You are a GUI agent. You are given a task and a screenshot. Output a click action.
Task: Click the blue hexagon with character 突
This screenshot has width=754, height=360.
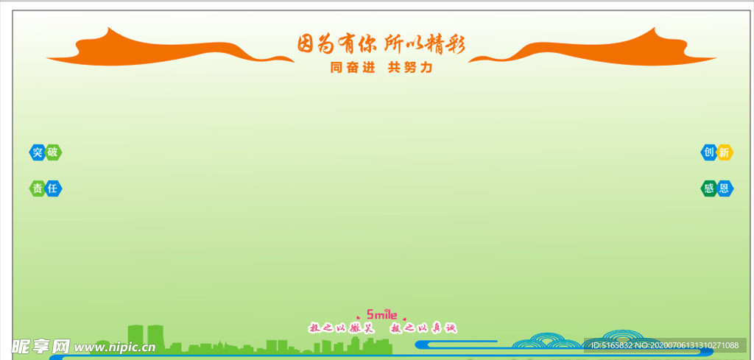click(38, 152)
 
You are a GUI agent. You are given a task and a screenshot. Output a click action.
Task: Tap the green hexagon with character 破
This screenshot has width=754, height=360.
click(53, 152)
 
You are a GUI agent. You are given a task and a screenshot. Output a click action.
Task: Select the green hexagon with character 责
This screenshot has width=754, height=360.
click(38, 188)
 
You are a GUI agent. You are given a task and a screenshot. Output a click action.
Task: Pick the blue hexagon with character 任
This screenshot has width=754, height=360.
click(53, 188)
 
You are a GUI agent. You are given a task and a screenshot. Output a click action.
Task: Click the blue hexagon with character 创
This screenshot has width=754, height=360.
click(708, 152)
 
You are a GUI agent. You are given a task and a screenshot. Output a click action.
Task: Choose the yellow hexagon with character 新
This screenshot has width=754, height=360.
click(725, 152)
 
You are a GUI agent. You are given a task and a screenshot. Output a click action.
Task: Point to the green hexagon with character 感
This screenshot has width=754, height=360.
click(708, 188)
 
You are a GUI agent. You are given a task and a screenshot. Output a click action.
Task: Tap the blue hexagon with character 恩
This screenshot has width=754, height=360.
click(725, 188)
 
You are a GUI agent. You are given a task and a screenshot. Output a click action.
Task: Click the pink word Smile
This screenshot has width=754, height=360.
click(381, 315)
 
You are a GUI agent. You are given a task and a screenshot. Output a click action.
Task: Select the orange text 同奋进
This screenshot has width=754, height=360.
click(353, 67)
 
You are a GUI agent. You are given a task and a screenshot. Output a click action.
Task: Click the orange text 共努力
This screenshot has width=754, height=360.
click(409, 67)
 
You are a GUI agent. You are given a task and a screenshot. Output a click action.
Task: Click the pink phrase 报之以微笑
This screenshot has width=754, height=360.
click(341, 328)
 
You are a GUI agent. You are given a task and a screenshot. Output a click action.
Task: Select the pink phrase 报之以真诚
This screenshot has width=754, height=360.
click(423, 328)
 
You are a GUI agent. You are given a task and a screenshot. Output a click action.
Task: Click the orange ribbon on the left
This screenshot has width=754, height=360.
click(147, 50)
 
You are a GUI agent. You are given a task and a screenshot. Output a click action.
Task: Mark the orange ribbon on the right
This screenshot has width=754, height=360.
click(611, 50)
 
